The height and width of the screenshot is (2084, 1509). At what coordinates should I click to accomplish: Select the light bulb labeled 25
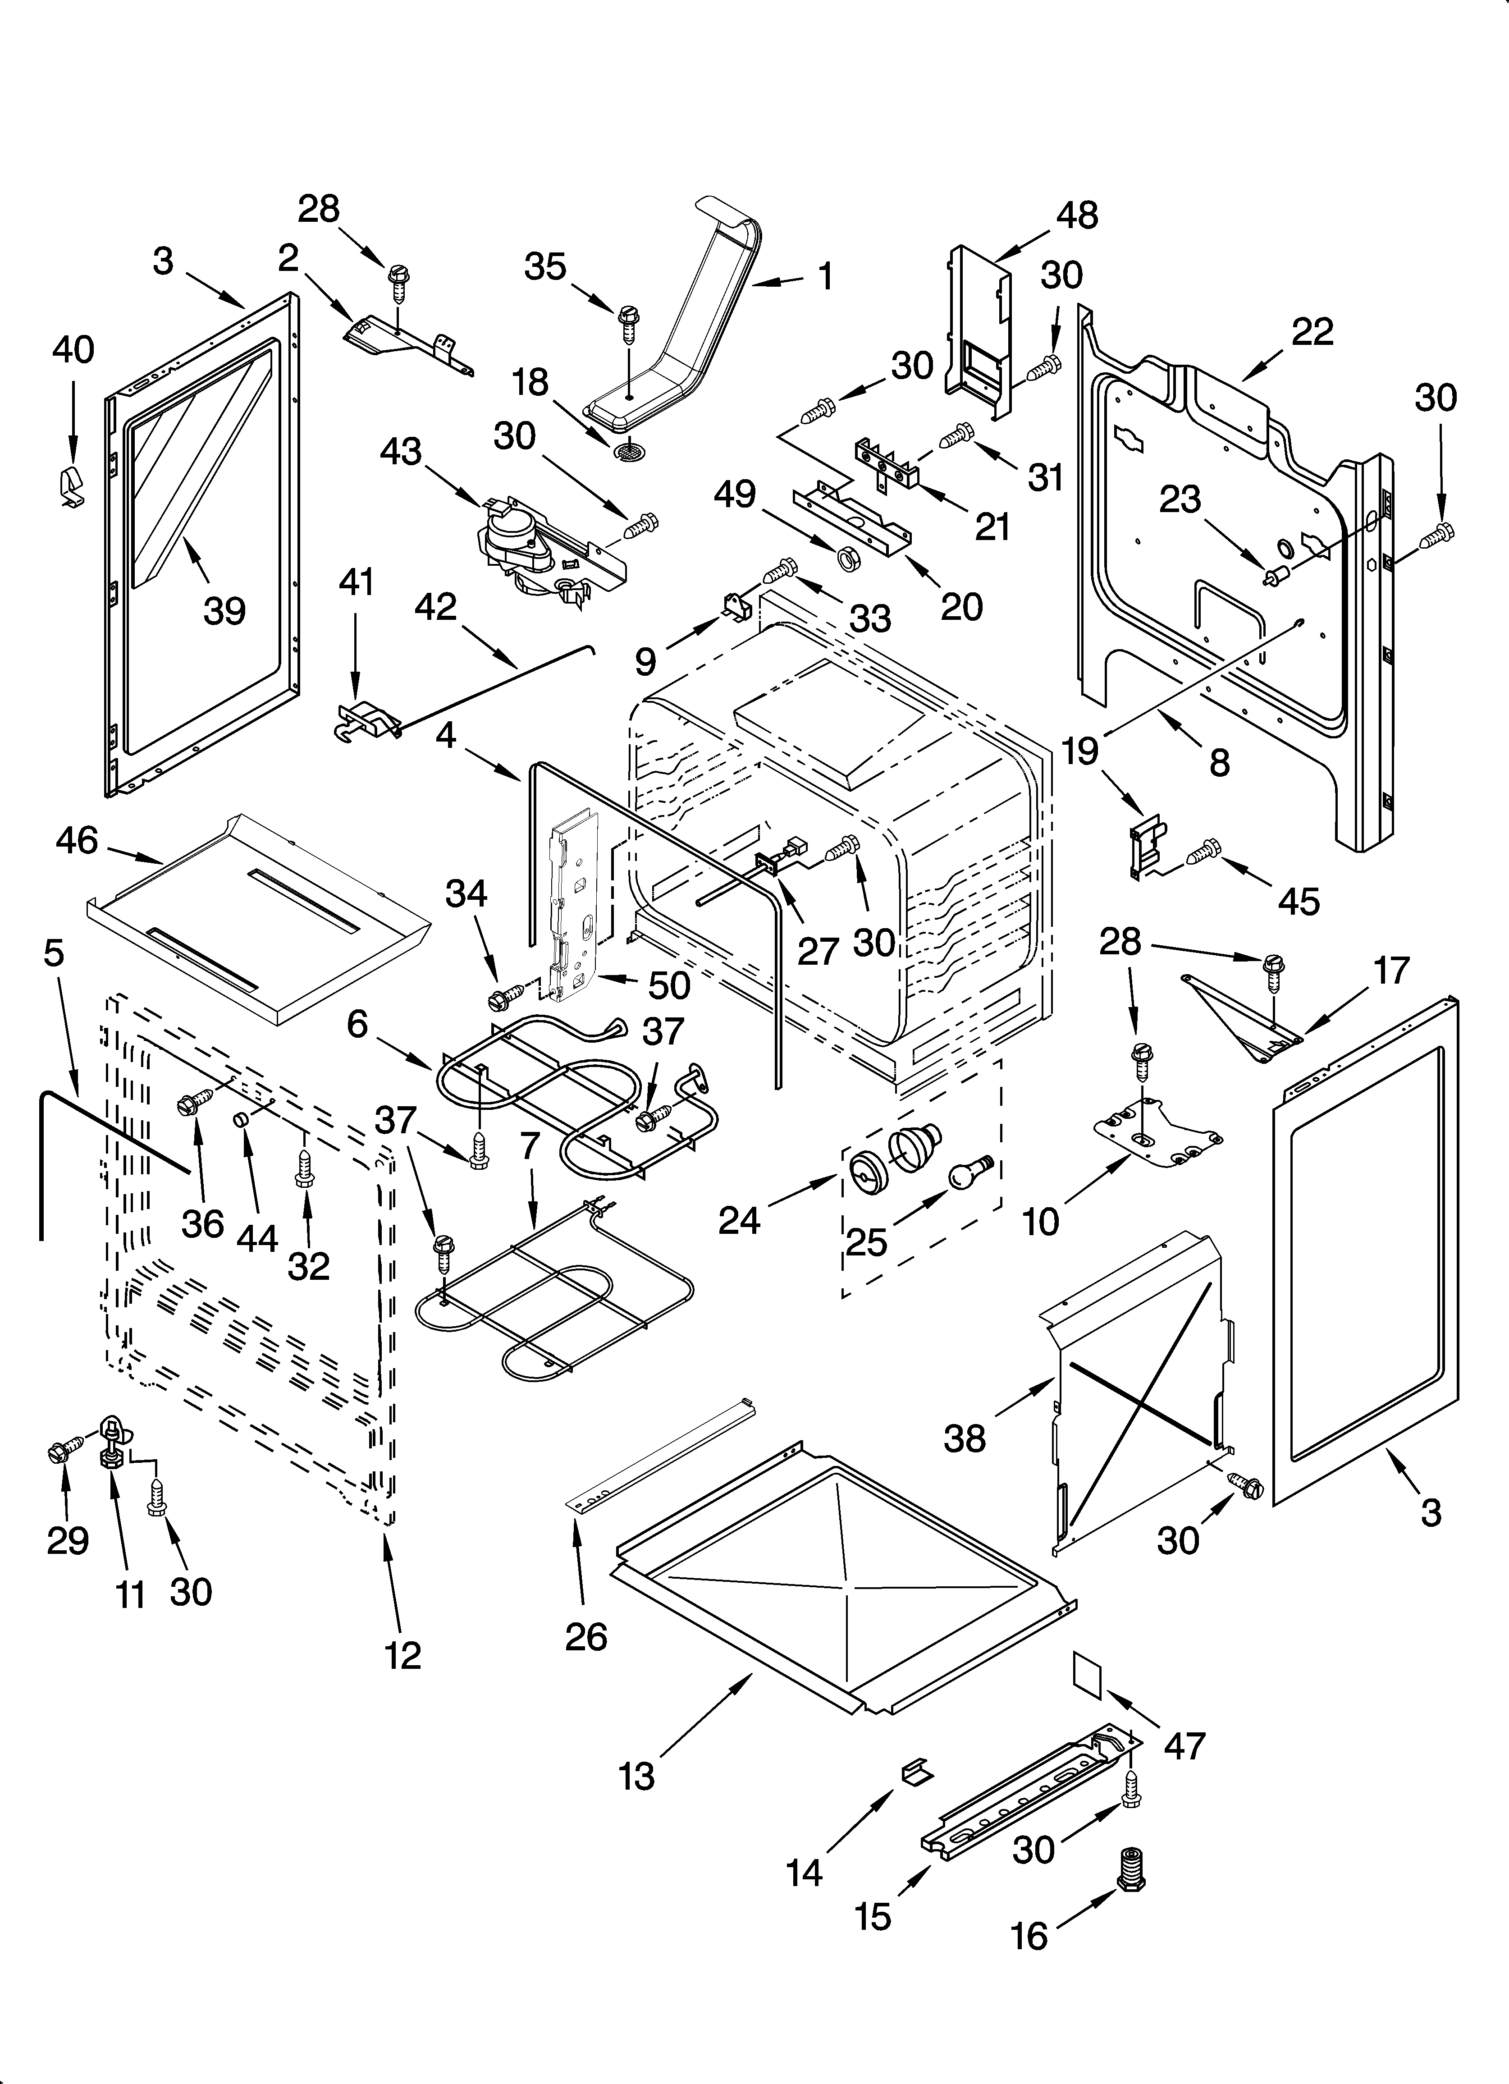(x=968, y=1170)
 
